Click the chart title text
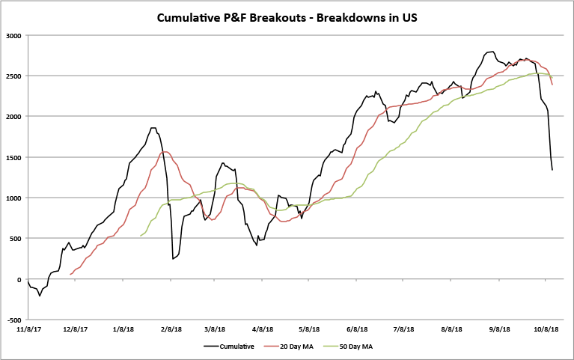tap(287, 16)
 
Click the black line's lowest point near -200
tap(40, 296)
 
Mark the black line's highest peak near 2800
tap(492, 52)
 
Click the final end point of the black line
tap(552, 170)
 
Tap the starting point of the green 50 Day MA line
tap(140, 236)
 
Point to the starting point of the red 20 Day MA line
tap(70, 275)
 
